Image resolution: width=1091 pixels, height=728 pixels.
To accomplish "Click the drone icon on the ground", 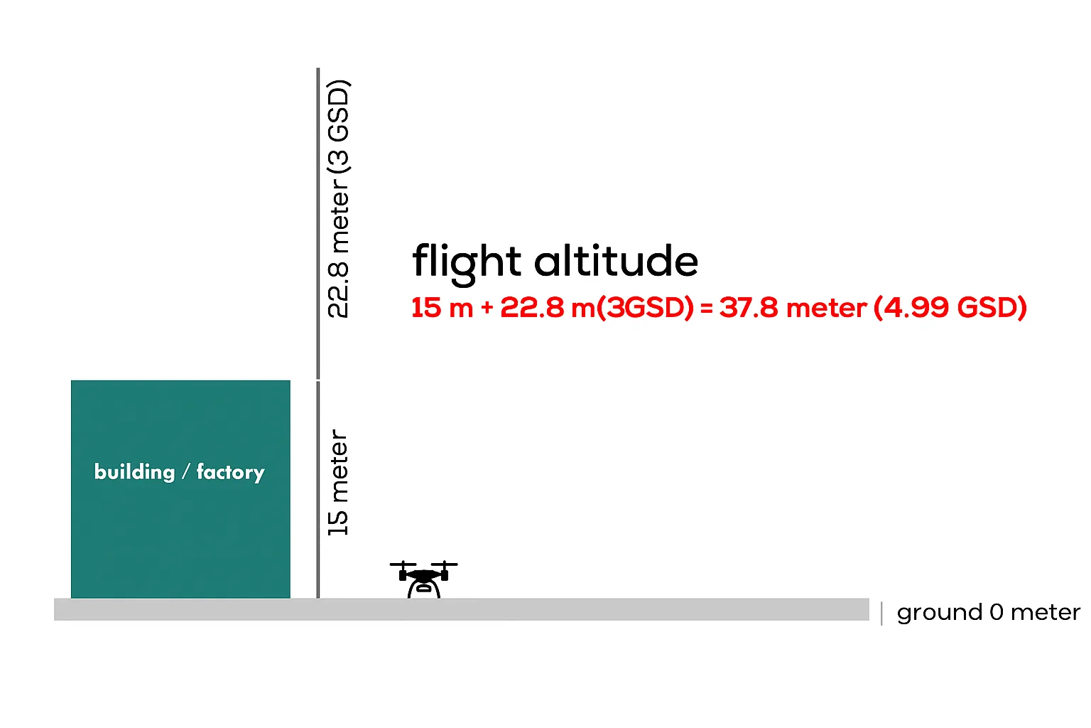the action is point(423,579).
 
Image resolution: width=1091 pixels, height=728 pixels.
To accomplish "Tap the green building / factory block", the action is point(180,489).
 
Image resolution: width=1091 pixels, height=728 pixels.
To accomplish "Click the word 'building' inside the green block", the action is point(134,472).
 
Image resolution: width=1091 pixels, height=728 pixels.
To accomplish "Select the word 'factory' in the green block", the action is point(230,472).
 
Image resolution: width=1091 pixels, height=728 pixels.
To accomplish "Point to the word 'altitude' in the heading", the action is point(616,261).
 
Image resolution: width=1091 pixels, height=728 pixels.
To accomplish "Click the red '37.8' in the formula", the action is point(749,308).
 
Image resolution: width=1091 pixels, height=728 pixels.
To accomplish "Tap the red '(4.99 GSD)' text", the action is point(950,308).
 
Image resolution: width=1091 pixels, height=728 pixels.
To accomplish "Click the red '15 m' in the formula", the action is point(443,308).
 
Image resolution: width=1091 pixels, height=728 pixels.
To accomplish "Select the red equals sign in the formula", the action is point(706,308).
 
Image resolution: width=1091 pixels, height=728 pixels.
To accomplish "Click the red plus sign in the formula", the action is point(487,308).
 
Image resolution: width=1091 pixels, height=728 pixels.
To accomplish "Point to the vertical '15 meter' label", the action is point(338,482).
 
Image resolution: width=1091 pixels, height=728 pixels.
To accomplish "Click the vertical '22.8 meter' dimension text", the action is point(338,249).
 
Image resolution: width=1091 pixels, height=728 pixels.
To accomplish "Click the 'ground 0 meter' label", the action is point(988,612).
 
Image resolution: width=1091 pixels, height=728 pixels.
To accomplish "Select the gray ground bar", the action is point(461,609).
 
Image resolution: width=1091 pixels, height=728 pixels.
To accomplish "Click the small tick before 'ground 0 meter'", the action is point(881,614).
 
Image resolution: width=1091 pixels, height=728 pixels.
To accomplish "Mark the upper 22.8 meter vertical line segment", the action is point(318,224).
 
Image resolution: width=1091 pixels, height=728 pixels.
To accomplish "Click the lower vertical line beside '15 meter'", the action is point(318,490).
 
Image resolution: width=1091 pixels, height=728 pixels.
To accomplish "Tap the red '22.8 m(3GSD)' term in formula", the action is point(597,308).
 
